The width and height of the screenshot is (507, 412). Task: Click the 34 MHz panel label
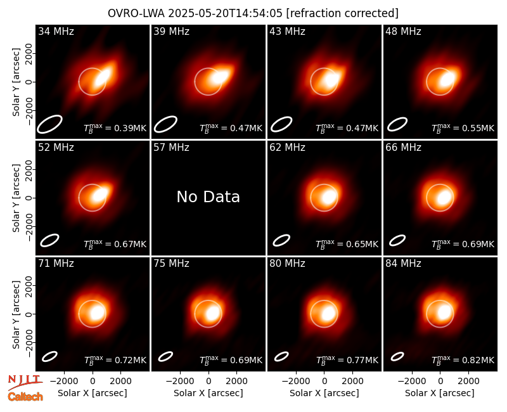pos(56,31)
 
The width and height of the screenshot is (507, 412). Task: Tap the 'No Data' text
pos(209,196)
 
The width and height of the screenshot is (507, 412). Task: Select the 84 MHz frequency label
pos(403,264)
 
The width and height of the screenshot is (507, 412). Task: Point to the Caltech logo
pos(25,397)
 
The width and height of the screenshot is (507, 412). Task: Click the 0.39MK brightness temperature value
pos(131,129)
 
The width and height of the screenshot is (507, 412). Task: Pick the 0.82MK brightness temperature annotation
pos(478,360)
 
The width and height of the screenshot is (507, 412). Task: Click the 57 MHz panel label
pos(171,148)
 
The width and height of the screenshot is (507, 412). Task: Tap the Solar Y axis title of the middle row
pos(16,198)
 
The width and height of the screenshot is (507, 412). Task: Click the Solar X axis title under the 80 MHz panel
pos(324,393)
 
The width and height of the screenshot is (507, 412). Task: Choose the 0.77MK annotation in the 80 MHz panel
pos(363,360)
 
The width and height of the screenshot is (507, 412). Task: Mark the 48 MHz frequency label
pos(403,31)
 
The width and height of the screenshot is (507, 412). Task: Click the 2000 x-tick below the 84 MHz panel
pos(468,382)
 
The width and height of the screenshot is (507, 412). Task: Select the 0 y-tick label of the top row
pos(29,82)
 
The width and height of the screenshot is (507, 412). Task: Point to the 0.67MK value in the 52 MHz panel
pos(131,244)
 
